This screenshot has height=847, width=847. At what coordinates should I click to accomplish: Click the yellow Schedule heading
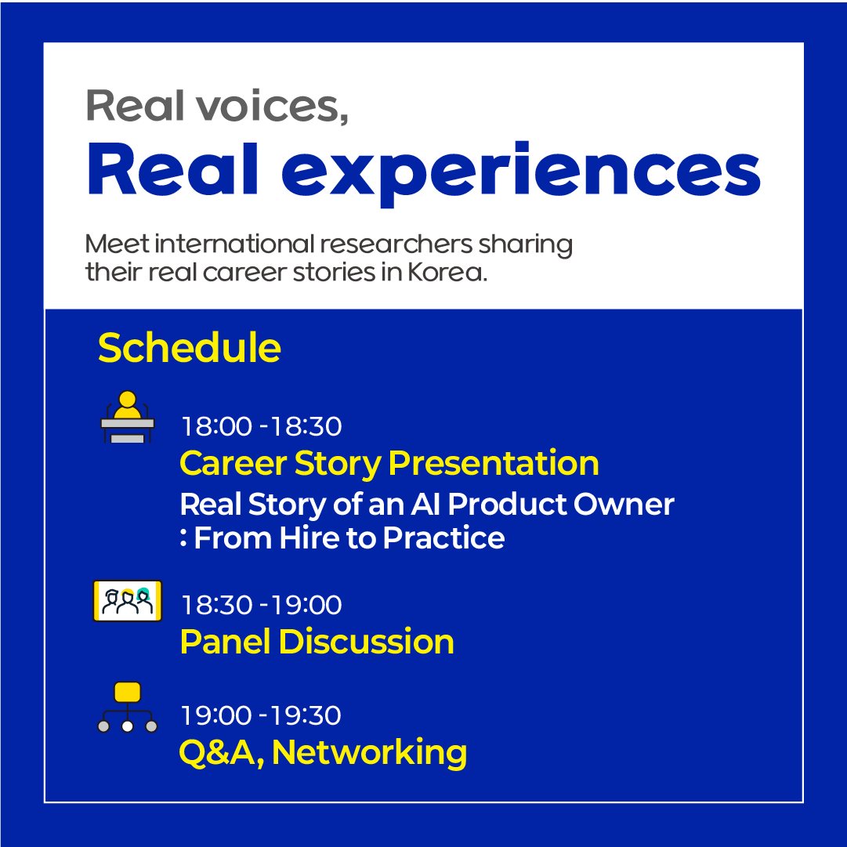pyautogui.click(x=189, y=348)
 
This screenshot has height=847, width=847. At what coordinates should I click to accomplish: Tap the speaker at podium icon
pyautogui.click(x=128, y=417)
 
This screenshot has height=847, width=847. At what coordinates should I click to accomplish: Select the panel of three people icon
pyautogui.click(x=128, y=601)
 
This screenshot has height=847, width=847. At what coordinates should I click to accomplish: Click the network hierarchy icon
pyautogui.click(x=128, y=707)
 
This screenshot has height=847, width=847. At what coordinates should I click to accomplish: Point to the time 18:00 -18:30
pyautogui.click(x=262, y=426)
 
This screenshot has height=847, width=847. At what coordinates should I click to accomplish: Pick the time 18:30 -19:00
pyautogui.click(x=262, y=604)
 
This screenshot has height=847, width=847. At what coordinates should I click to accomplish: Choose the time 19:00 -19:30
pyautogui.click(x=261, y=715)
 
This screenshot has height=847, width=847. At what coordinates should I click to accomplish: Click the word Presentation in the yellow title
pyautogui.click(x=494, y=463)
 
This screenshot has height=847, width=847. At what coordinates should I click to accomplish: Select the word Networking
pyautogui.click(x=370, y=752)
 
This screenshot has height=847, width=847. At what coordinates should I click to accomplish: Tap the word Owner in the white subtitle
pyautogui.click(x=624, y=504)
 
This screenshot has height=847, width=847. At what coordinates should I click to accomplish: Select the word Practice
pyautogui.click(x=444, y=538)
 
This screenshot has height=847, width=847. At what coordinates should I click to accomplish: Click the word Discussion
pyautogui.click(x=366, y=642)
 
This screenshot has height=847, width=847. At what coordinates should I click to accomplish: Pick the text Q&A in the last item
pyautogui.click(x=222, y=752)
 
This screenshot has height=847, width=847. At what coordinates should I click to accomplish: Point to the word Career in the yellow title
pyautogui.click(x=233, y=463)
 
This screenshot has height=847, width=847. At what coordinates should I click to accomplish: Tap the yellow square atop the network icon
pyautogui.click(x=128, y=692)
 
